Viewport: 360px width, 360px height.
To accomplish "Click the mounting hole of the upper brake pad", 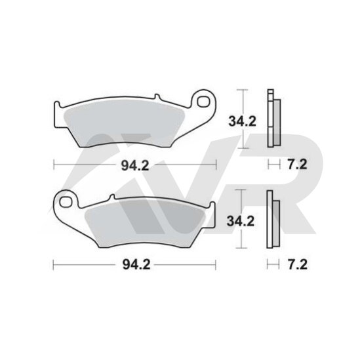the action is (x=203, y=102).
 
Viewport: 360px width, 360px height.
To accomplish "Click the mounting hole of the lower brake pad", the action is (x=65, y=202).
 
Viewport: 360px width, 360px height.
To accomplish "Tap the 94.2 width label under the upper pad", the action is (x=135, y=165).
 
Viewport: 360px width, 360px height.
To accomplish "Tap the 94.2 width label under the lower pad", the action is (x=136, y=265).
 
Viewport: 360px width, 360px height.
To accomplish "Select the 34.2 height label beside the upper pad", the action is (x=242, y=121).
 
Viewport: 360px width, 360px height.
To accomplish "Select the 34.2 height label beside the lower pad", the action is (x=241, y=222).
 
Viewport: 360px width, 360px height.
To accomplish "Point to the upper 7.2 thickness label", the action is (x=297, y=165).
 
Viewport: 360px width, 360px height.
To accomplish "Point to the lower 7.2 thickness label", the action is (x=298, y=265).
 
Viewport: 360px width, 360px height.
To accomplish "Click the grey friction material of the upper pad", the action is (x=124, y=126).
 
